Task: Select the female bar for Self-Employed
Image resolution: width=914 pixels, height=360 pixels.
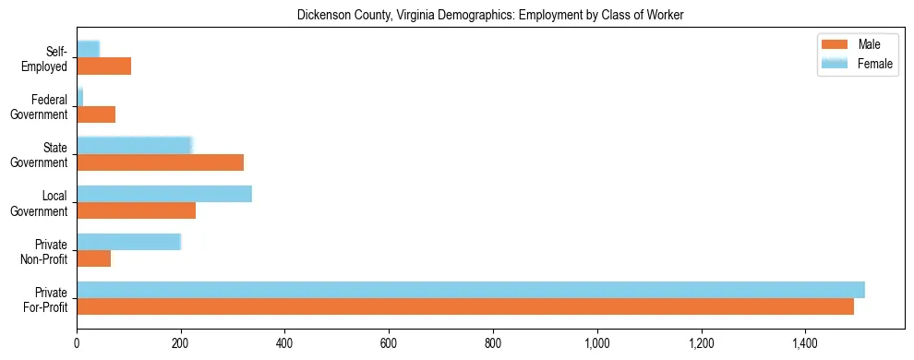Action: (x=89, y=49)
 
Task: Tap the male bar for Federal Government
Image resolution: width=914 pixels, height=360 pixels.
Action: (x=96, y=114)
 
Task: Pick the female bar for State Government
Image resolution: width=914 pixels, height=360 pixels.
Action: (x=134, y=145)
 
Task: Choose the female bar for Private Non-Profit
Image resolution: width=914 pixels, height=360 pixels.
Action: (x=128, y=242)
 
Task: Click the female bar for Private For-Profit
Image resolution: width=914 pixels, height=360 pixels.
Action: (x=471, y=290)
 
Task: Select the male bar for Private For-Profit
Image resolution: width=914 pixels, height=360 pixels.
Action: (x=465, y=306)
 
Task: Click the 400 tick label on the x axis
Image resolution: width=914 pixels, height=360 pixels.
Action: (x=285, y=342)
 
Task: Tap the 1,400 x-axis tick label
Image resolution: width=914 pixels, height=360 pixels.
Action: (x=806, y=342)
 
